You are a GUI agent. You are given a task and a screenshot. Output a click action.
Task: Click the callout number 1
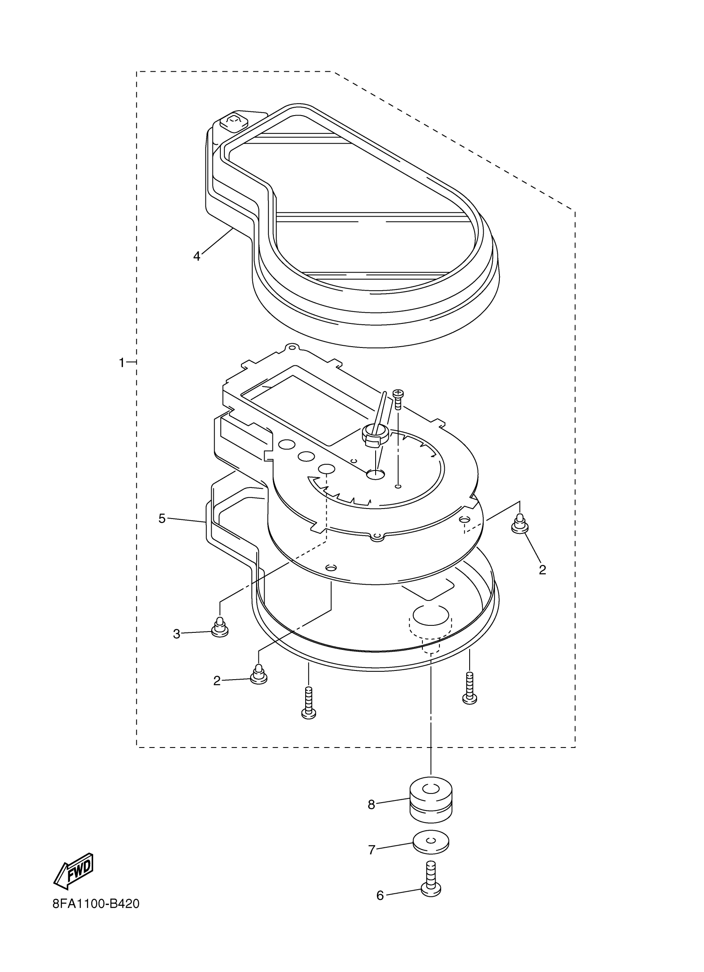click(122, 363)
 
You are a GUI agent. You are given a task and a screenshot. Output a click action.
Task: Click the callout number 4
click(197, 256)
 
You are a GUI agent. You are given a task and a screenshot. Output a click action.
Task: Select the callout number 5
click(162, 519)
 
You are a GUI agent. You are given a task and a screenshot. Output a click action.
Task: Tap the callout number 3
click(176, 634)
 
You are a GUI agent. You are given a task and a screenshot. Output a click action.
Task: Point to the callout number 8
click(371, 805)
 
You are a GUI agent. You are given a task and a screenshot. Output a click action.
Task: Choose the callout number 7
click(372, 849)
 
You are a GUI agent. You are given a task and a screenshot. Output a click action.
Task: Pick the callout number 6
click(380, 896)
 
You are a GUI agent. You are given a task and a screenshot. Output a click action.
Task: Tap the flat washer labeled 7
click(431, 844)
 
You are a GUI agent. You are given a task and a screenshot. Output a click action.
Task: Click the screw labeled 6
click(431, 882)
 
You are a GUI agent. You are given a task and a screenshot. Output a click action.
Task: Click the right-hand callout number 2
click(542, 570)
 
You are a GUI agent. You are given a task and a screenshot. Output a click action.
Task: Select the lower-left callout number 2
click(217, 680)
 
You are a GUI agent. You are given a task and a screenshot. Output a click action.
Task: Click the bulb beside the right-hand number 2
click(519, 524)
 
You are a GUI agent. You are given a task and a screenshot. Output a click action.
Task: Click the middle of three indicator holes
click(306, 457)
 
